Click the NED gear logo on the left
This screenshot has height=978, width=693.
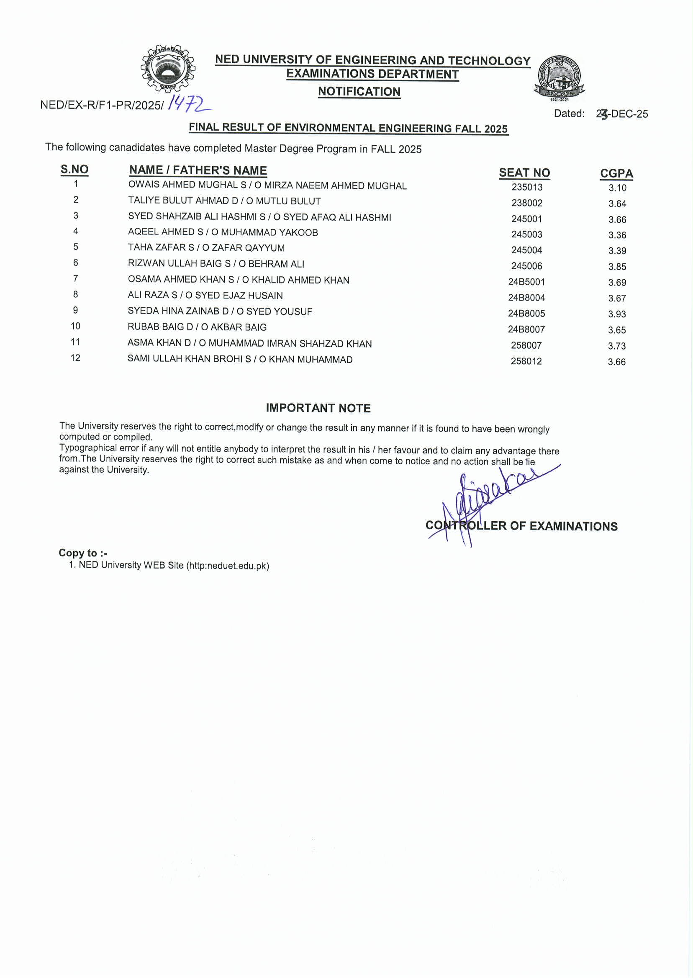168,69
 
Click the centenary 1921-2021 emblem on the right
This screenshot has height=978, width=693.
559,77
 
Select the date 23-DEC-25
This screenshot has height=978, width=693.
622,114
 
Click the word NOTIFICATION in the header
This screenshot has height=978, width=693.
359,92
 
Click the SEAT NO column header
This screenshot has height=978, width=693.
524,173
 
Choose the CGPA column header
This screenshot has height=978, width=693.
616,173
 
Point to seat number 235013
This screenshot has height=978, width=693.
527,187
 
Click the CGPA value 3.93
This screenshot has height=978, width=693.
616,314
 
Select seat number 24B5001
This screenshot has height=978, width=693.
526,282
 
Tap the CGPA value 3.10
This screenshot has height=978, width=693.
617,188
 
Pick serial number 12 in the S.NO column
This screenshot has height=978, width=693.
75,358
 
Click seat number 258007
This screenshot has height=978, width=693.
526,345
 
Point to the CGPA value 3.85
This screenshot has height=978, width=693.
617,267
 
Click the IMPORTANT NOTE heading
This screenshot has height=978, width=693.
318,408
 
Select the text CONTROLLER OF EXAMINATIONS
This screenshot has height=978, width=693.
521,526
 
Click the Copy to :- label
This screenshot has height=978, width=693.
83,553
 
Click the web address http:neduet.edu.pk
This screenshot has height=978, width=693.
228,566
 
